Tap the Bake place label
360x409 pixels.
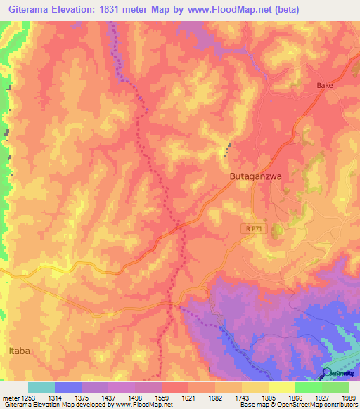coord(324,85)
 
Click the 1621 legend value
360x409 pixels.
coord(188,398)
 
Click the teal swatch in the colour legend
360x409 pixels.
coord(41,387)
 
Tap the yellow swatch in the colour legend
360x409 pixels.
coord(281,387)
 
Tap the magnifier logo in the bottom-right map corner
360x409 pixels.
coord(327,373)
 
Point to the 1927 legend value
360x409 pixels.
coord(321,398)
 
